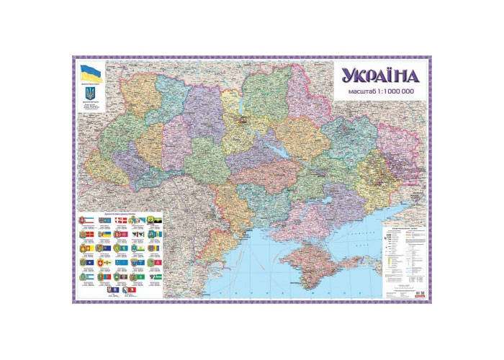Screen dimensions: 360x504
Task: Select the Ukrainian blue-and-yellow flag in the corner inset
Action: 90,72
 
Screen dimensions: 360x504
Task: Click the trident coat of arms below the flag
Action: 90,93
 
